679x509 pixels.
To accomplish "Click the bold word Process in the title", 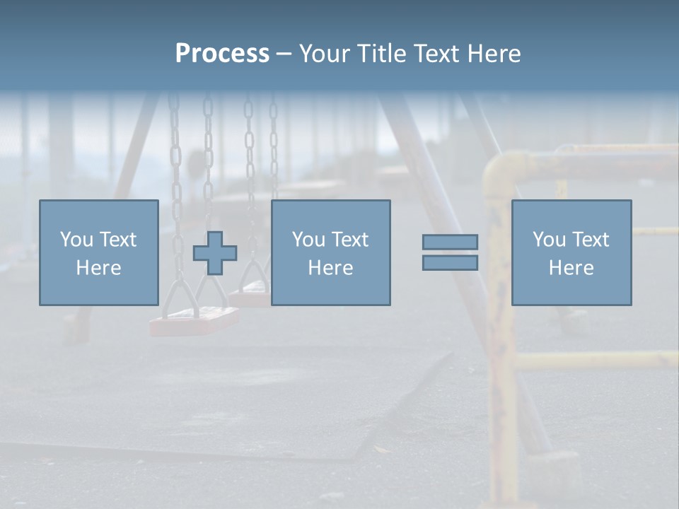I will [222, 54].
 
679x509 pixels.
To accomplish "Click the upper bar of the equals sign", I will [450, 242].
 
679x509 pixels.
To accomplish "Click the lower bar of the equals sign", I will [450, 262].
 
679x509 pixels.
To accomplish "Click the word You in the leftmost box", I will [76, 240].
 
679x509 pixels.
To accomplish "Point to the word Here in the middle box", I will [331, 268].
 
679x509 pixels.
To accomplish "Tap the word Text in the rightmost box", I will [589, 240].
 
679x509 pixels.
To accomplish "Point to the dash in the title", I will [284, 54].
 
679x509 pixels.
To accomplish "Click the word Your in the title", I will [325, 54].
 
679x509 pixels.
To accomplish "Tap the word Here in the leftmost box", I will [99, 268].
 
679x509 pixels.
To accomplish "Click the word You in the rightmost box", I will [549, 240].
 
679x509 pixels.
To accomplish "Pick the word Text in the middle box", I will [349, 240].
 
